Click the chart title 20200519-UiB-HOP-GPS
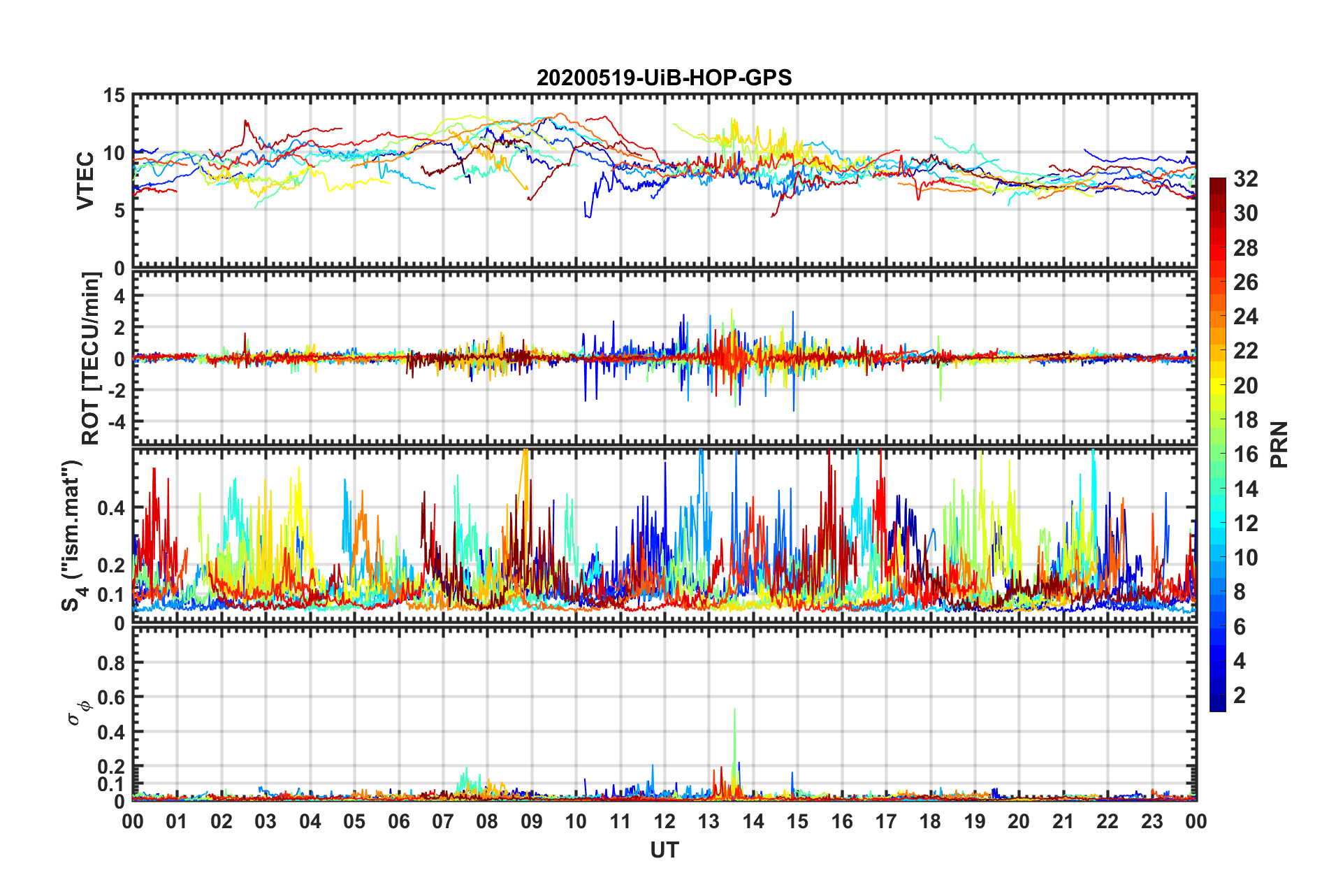(x=664, y=78)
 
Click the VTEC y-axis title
(x=85, y=180)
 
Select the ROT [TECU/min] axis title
(x=91, y=358)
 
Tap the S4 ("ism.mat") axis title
(x=73, y=535)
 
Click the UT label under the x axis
(x=664, y=850)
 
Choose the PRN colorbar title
(x=1279, y=444)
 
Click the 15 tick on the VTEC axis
(x=115, y=95)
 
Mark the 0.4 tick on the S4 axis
(x=111, y=508)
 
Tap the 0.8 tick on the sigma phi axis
(x=111, y=663)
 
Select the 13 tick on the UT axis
(x=709, y=821)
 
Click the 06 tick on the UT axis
(x=398, y=821)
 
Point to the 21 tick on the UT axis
(x=1063, y=821)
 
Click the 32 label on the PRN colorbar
(x=1245, y=179)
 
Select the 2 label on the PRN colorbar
(x=1240, y=695)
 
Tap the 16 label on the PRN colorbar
(x=1245, y=454)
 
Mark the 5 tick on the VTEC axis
(x=119, y=210)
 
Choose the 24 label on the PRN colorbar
(x=1245, y=317)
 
